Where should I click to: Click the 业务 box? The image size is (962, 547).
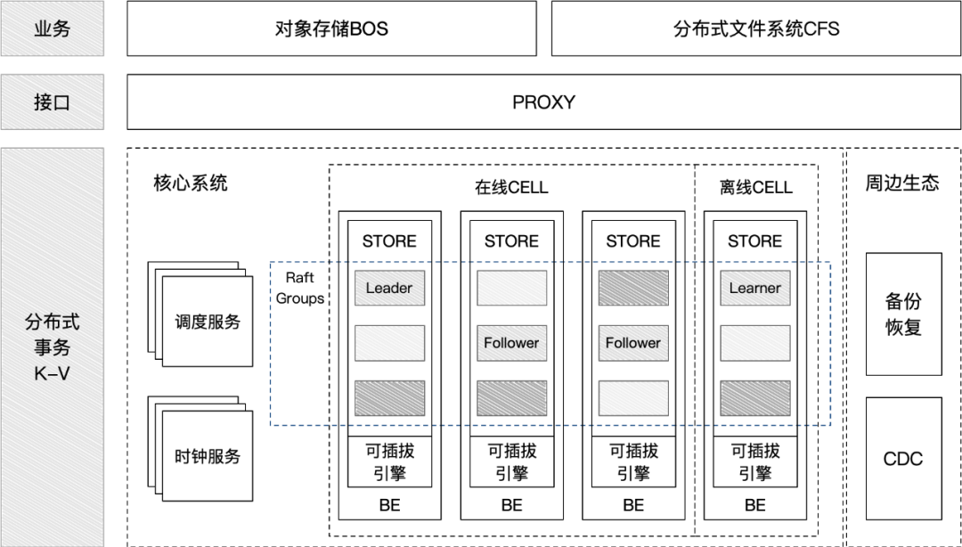pos(52,29)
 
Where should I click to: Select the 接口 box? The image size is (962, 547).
pos(52,102)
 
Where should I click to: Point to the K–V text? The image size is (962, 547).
pos(52,374)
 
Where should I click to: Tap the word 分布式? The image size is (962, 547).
pos(52,322)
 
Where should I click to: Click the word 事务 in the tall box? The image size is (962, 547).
pos(52,347)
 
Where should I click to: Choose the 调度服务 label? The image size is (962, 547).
pos(208,322)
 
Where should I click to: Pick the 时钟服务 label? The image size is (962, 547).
pos(208,457)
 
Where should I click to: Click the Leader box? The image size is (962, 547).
pos(389,289)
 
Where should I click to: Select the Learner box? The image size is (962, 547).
pos(754,289)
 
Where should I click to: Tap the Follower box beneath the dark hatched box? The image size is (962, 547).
pos(632,343)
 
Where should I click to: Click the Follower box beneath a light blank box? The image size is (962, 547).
pos(511,343)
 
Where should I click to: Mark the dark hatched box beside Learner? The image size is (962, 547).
pos(632,289)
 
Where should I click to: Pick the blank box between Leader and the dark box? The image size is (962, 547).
pos(511,289)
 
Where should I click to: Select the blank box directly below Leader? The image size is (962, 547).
pos(389,343)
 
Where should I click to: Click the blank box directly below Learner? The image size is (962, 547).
pos(754,343)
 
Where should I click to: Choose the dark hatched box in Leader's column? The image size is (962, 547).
pos(389,398)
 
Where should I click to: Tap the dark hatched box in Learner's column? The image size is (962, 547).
pos(754,398)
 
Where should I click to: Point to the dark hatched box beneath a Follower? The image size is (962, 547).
pos(511,398)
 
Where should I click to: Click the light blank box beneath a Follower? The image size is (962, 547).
pos(632,398)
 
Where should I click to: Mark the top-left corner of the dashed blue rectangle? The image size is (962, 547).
pos(271,263)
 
